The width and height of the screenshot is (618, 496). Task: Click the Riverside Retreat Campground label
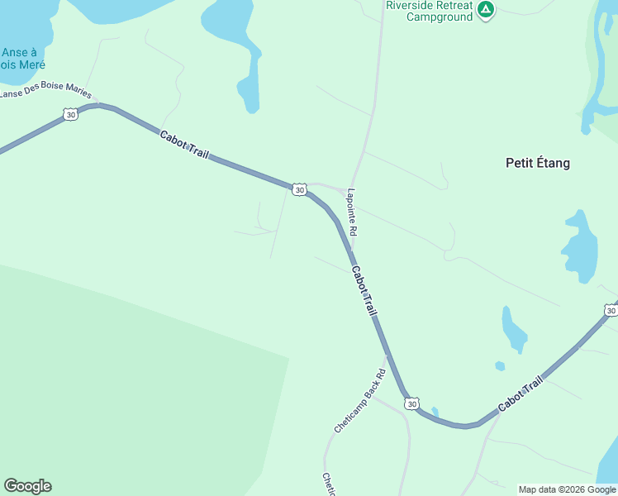coord(430,11)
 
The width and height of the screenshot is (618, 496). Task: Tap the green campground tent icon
coord(486,10)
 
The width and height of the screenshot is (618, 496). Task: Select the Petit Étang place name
coord(537,163)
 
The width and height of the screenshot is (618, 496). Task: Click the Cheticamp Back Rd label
coord(360,401)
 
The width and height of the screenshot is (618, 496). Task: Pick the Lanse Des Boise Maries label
coord(45,93)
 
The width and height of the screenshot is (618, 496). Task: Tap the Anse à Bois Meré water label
coord(22,58)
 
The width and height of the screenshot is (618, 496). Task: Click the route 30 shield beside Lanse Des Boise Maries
coord(71,115)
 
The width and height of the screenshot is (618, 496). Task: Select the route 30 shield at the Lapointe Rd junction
coord(299,190)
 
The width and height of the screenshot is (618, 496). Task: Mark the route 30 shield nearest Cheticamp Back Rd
coord(411,403)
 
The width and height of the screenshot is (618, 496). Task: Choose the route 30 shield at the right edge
coord(610,311)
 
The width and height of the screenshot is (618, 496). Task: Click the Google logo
coord(27,486)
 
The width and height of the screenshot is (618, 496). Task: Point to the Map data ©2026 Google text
coord(567,489)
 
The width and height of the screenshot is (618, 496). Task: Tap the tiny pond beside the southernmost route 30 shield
coord(435,411)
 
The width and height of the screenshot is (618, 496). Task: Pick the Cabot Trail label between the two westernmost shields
coord(184,145)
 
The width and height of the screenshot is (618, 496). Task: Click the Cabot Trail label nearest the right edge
coord(521,395)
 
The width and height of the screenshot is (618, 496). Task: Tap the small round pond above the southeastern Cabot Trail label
coord(500,365)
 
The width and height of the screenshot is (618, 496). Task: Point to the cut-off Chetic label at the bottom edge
coord(328,484)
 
